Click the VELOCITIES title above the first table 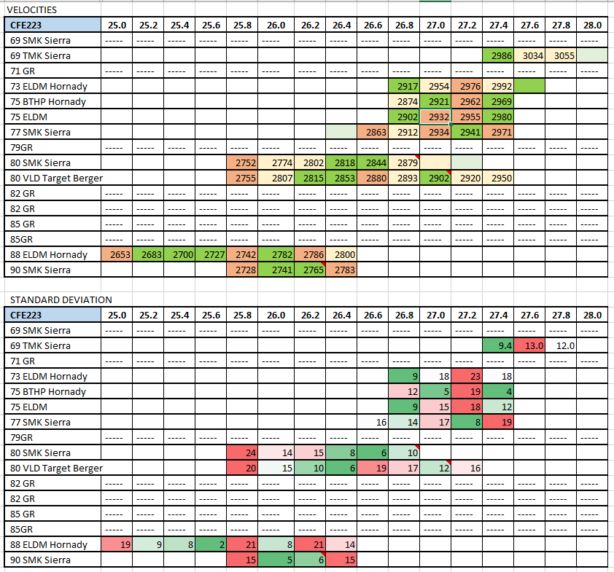point(31,9)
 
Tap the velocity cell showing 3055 point(561,55)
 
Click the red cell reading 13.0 point(529,346)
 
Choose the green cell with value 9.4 point(498,346)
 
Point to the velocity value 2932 point(435,117)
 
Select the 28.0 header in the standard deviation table point(592,316)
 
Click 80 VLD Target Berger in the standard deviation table point(55,468)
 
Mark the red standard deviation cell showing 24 point(244,452)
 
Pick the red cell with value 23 point(467,377)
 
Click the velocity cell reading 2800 point(339,255)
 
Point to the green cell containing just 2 point(212,544)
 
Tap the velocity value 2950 point(498,179)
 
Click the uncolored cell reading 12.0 point(561,346)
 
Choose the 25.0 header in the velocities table point(117,25)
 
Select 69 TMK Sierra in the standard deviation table point(41,346)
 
